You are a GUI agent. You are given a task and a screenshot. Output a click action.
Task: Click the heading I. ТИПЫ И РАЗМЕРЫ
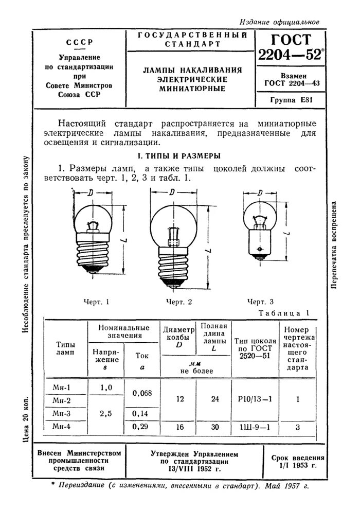[177, 155]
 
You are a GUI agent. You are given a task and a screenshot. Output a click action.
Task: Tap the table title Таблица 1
[283, 313]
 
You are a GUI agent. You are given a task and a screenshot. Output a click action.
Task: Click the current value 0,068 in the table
[142, 394]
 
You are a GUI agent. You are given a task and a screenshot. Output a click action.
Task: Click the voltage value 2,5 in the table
[106, 413]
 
